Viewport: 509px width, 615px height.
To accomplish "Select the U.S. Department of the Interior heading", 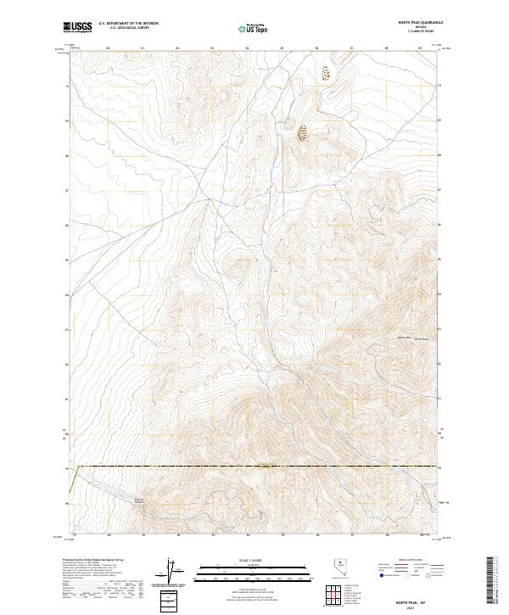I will pos(128,24).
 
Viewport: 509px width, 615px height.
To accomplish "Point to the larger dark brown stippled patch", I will pos(302,133).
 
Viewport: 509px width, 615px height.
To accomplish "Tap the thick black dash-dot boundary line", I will pos(255,466).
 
